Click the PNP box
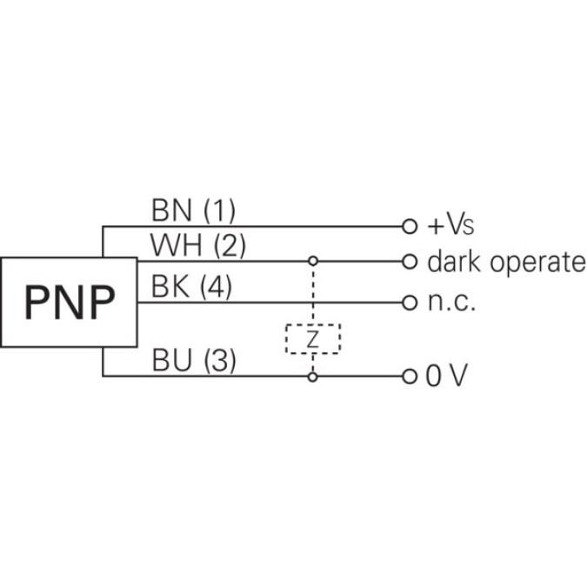[69, 302]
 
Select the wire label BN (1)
[193, 210]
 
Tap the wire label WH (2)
[197, 246]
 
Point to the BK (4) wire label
[191, 287]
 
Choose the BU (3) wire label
[193, 360]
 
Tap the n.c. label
[451, 303]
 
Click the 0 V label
[446, 377]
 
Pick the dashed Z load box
[313, 338]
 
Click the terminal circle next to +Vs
[409, 226]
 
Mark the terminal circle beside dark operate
[409, 261]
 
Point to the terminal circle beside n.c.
[409, 303]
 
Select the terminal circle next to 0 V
[409, 377]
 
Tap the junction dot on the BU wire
[313, 377]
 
